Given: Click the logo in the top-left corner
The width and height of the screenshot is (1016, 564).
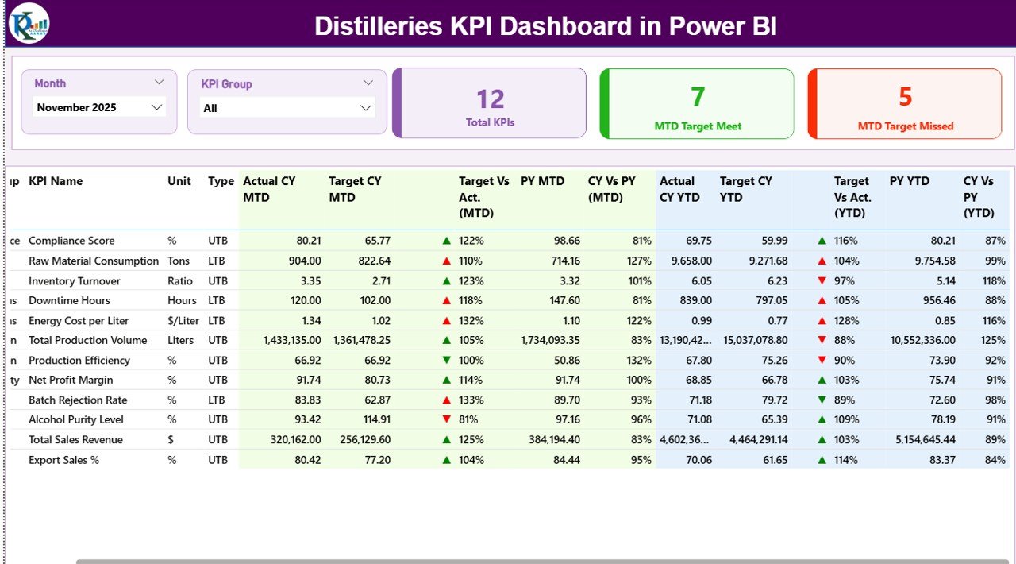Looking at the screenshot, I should [29, 23].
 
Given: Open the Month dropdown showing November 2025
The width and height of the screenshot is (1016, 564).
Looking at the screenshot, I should [99, 107].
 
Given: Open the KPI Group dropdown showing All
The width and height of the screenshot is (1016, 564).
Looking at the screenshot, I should [287, 108].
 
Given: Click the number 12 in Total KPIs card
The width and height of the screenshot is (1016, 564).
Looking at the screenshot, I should [490, 99].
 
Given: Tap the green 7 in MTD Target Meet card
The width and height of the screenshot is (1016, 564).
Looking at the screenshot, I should [697, 97].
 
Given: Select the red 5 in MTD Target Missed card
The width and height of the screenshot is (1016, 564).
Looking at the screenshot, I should [905, 97].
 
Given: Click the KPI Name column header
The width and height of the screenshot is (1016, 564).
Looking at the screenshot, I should [56, 181].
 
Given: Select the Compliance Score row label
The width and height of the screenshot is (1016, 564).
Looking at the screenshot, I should [71, 241].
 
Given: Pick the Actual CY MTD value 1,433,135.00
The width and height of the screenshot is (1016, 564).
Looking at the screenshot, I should [292, 340].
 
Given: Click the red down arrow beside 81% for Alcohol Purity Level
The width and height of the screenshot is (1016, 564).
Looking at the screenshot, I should [446, 419].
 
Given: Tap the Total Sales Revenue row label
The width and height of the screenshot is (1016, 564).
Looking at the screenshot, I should [75, 440].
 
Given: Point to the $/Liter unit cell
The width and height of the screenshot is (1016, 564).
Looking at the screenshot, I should [183, 321].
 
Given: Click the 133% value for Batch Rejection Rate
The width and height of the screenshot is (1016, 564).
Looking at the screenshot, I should [471, 400].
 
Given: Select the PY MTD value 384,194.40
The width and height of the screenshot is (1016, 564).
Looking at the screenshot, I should [550, 440].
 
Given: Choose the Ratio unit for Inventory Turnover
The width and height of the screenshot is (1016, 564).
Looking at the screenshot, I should [179, 281].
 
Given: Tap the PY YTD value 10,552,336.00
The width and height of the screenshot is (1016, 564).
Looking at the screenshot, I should [922, 340].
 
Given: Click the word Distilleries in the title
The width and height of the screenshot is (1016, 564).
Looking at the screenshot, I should [378, 26].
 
